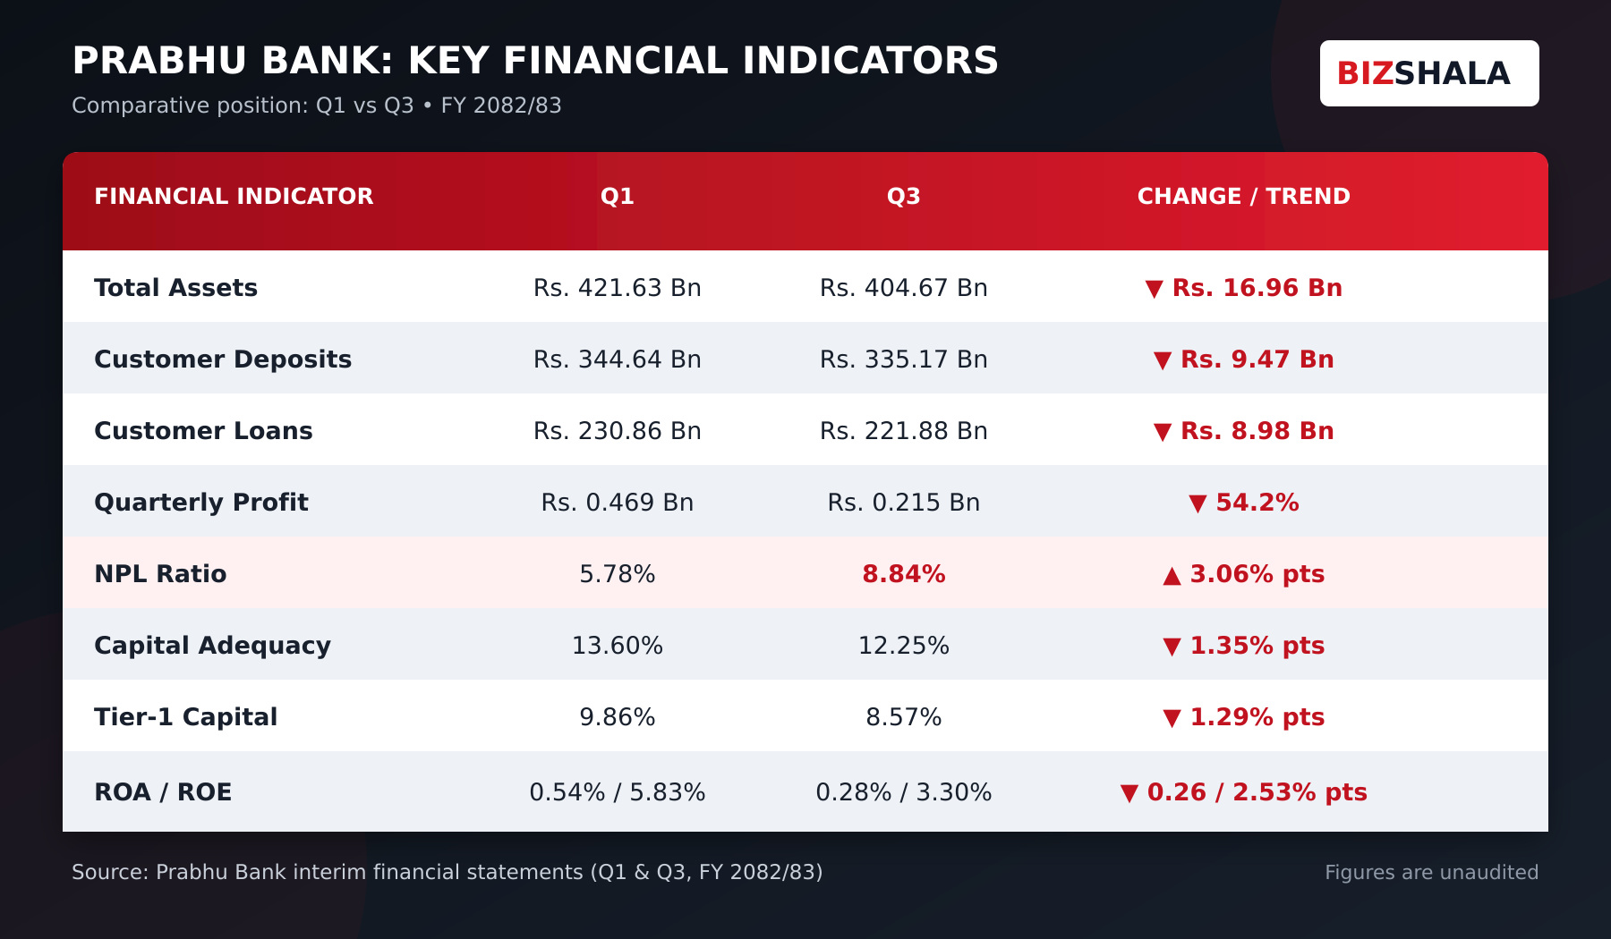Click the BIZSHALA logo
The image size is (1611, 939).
(1429, 73)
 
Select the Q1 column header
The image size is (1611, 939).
(618, 197)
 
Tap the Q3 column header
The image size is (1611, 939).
(904, 197)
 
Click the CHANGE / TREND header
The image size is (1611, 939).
(1244, 197)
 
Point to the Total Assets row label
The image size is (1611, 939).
(176, 288)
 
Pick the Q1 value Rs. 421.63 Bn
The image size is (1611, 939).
(618, 288)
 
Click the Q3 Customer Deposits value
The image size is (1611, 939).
(904, 360)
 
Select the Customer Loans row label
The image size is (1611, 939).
(204, 431)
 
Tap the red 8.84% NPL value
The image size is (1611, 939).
(904, 574)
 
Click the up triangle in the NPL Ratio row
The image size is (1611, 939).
(1172, 576)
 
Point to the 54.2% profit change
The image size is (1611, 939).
(1257, 503)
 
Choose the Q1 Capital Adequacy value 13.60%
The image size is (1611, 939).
(618, 646)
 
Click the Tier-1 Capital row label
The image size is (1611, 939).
(186, 717)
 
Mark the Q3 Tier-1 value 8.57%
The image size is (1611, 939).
(904, 717)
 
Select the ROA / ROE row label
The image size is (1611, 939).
(163, 792)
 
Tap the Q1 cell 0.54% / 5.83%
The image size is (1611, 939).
(618, 792)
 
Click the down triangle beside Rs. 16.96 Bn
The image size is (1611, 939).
(1155, 289)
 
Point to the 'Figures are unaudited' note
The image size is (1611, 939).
(1432, 873)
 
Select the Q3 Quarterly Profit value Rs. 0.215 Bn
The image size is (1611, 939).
(904, 503)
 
